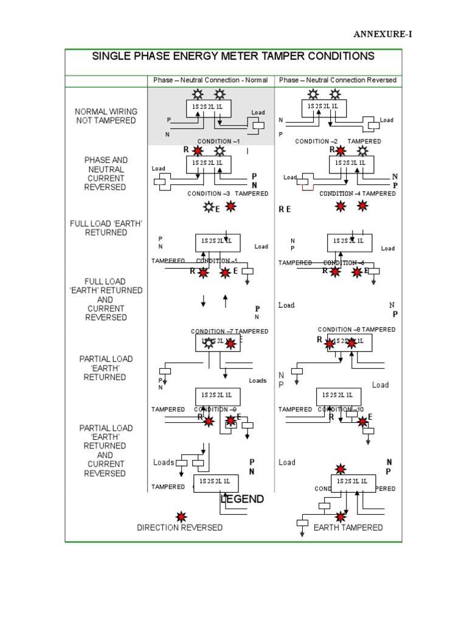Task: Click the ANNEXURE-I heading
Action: pos(382,34)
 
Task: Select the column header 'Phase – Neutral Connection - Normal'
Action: pos(211,80)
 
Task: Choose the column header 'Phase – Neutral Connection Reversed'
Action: pos(337,80)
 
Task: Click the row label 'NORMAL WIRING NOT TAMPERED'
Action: pos(106,116)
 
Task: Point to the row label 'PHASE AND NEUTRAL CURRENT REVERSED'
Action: pos(106,173)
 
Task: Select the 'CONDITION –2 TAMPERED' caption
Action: pos(338,142)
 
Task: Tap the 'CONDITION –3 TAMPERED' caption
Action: pos(228,193)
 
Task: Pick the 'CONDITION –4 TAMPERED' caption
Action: pos(358,193)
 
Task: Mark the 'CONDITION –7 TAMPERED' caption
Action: pos(229,332)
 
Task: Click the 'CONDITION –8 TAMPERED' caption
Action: pos(356,329)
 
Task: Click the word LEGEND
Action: pos(242,499)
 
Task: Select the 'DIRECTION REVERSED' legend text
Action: pos(180,527)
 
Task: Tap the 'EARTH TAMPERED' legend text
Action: pos(348,527)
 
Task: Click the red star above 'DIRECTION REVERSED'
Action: pos(181,517)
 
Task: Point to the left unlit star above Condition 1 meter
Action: pos(198,94)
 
